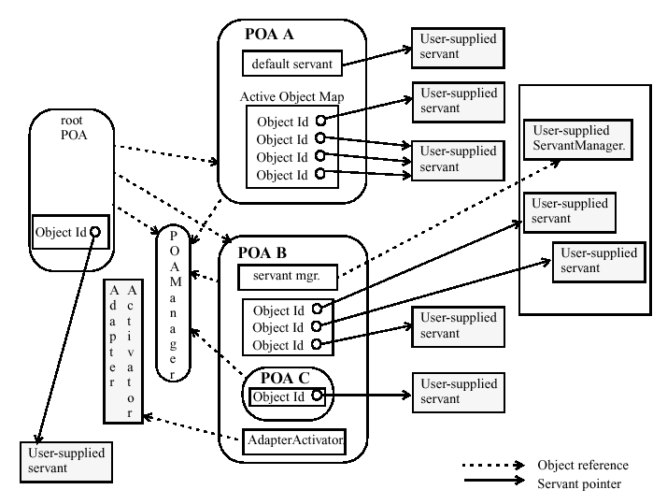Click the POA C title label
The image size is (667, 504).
tap(284, 381)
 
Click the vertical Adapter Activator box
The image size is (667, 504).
tap(122, 350)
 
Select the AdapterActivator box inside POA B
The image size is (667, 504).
tap(294, 439)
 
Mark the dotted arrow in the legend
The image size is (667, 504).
tap(495, 465)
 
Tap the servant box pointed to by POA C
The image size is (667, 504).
tap(454, 391)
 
